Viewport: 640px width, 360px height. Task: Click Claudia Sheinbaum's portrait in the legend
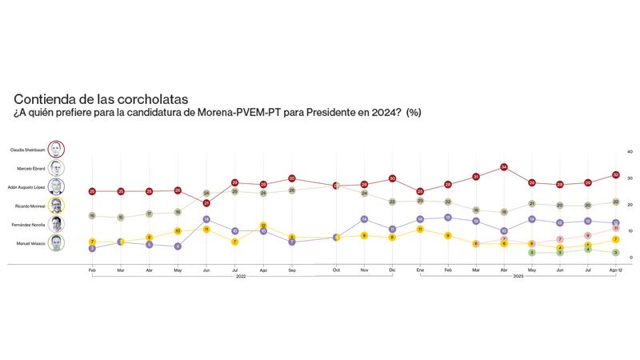[56, 150]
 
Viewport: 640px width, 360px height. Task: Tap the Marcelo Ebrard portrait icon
[56, 169]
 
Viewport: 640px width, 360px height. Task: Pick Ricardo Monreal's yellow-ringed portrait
[56, 205]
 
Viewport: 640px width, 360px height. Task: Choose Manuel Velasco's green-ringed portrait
[56, 242]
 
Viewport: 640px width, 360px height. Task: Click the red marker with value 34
[504, 167]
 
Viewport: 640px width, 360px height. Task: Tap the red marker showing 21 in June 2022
[206, 203]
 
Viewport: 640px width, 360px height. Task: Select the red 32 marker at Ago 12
[615, 174]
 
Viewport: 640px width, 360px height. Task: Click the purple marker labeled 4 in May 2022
[178, 246]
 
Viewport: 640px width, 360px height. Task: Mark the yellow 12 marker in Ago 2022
[263, 226]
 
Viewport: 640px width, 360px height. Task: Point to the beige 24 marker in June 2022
[206, 194]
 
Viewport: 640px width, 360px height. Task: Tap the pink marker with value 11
[615, 229]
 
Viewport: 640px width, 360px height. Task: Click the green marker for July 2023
[588, 250]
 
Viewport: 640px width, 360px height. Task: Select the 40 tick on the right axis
[630, 151]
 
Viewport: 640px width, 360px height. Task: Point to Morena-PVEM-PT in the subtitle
[235, 113]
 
